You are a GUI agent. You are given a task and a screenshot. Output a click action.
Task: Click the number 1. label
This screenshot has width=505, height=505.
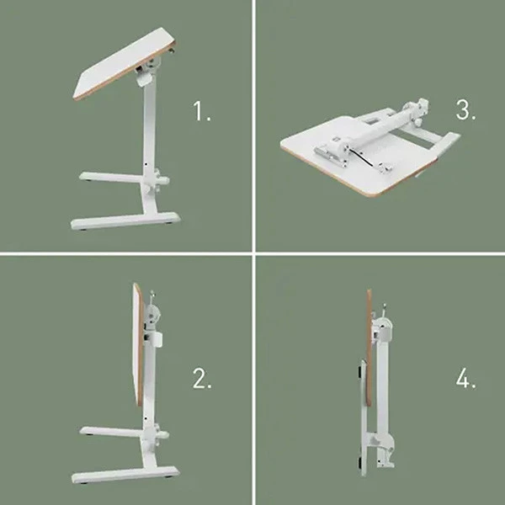pos(202,112)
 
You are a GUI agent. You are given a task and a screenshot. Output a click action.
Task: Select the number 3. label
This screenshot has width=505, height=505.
pos(466,110)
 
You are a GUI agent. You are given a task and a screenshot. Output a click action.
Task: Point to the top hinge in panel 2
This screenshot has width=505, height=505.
pos(152,313)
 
